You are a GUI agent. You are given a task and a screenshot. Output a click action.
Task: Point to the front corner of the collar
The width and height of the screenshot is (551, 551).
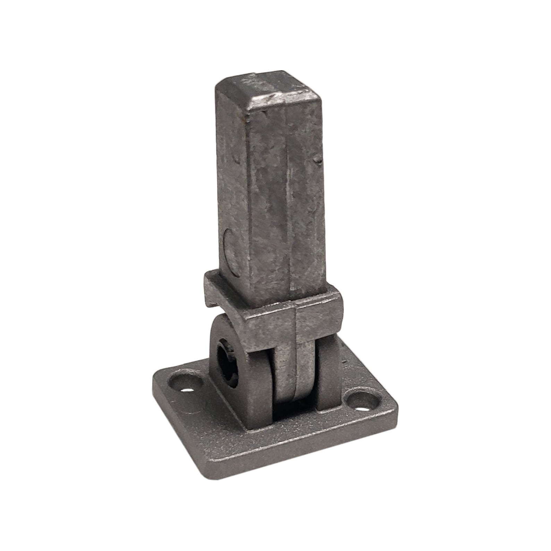pos(295,312)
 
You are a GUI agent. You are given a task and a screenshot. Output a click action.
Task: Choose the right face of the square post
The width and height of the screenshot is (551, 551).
pos(305,194)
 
